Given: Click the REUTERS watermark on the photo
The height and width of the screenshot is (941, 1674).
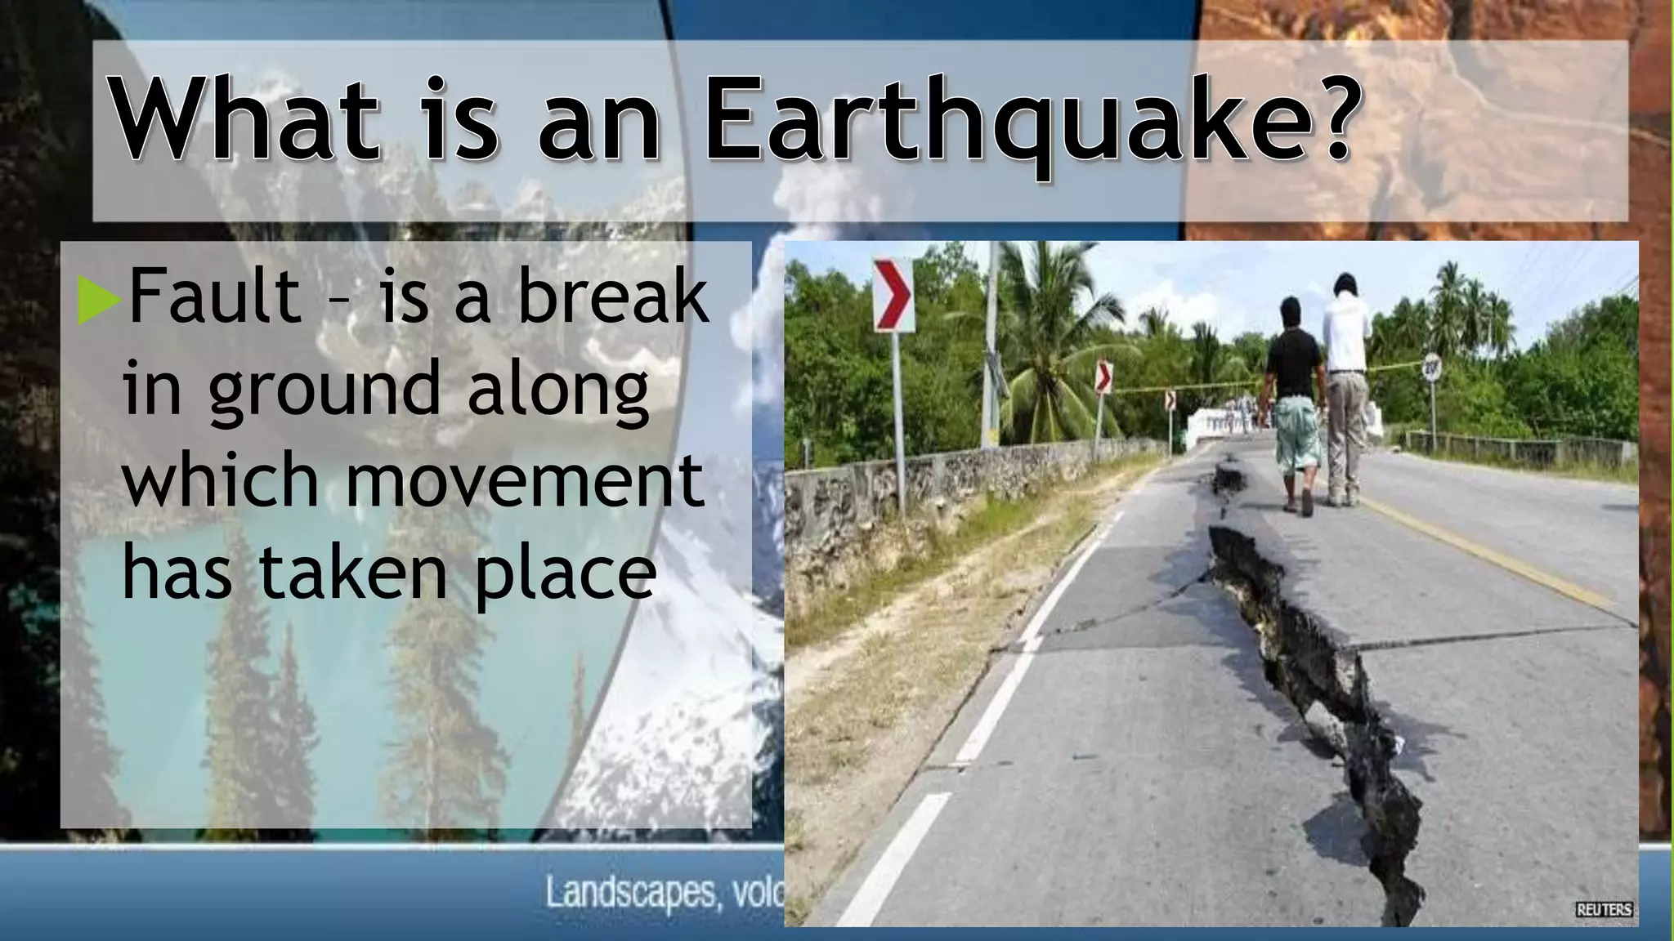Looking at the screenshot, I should point(1604,910).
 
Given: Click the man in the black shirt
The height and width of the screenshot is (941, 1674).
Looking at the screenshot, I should point(1294,400).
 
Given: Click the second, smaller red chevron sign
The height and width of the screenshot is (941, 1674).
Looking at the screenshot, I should point(1103,377).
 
